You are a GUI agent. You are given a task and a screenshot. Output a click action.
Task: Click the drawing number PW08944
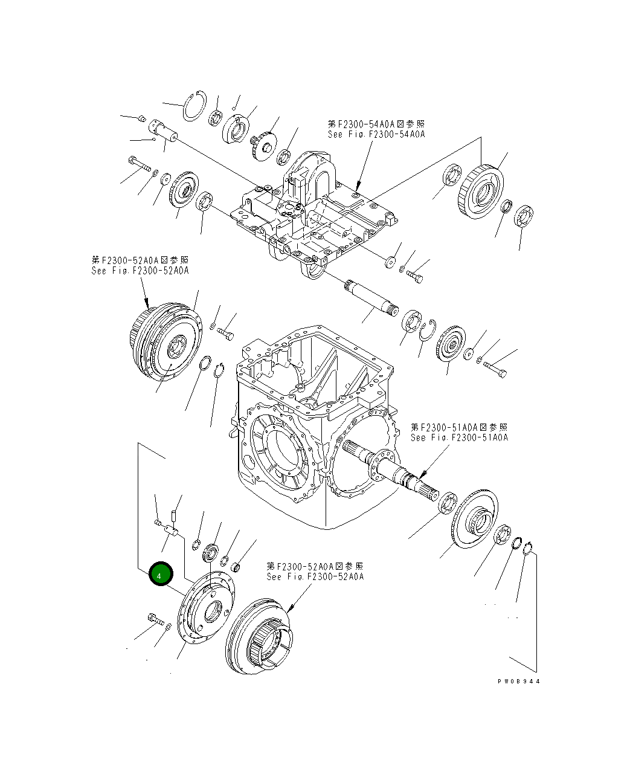pos(519,681)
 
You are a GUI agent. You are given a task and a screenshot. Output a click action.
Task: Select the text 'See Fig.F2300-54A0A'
pos(376,134)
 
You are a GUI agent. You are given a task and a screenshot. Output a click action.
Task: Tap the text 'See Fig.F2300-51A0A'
pos(459,437)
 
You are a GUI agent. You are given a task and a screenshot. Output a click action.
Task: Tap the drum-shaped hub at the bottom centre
pos(257,636)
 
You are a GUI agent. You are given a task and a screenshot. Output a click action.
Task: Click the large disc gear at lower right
pos(475,518)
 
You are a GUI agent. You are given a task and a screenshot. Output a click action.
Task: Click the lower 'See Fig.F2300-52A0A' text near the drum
pos(315,577)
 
